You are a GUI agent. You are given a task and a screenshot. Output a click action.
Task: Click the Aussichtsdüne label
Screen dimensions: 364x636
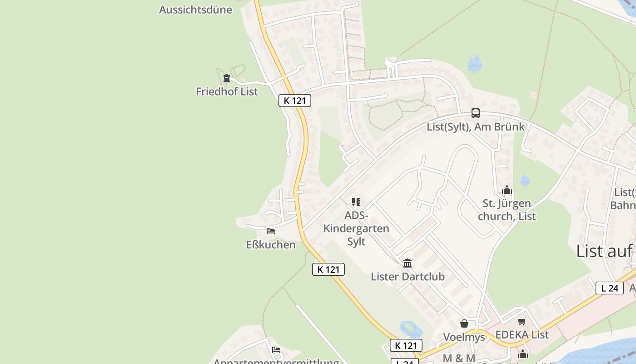pos(195,10)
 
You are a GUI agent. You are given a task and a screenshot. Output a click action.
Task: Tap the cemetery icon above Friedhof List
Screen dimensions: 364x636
pos(226,78)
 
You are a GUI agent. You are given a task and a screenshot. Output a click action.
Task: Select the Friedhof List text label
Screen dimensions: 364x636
pos(227,91)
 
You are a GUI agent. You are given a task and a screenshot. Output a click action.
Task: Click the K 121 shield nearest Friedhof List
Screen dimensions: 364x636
pos(295,101)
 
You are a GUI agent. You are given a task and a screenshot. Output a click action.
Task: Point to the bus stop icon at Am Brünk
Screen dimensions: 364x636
pos(476,113)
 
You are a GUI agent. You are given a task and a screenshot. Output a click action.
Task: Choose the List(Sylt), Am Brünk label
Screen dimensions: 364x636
pos(476,126)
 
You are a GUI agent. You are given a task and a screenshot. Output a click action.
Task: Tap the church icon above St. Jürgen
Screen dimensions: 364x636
pos(507,190)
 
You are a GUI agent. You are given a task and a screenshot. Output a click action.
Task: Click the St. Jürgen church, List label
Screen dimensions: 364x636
pos(507,210)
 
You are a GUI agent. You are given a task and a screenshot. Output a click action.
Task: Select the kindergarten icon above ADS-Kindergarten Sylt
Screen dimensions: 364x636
pos(356,202)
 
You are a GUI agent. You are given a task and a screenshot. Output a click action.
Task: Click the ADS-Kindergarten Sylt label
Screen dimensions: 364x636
pos(356,228)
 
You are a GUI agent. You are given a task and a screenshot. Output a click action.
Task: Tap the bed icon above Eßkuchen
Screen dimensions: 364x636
pos(271,231)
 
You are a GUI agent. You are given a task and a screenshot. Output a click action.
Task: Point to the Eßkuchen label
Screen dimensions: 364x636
pos(271,245)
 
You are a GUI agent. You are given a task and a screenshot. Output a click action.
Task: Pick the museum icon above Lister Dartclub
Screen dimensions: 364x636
pos(407,263)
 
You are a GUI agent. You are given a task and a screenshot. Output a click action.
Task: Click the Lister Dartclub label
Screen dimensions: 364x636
pos(407,277)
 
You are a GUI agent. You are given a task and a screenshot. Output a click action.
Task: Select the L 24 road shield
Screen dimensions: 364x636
pos(609,288)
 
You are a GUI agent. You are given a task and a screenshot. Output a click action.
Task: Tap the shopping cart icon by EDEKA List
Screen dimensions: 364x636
pos(522,322)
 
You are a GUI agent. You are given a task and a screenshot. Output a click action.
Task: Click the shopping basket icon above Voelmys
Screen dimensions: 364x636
pos(464,324)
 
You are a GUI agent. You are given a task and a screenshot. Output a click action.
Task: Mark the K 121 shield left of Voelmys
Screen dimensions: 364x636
pos(406,345)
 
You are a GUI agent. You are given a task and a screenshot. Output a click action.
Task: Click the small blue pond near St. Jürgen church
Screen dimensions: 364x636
pos(525,181)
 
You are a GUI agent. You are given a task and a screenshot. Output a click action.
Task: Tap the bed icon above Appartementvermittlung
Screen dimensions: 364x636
pos(276,350)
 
